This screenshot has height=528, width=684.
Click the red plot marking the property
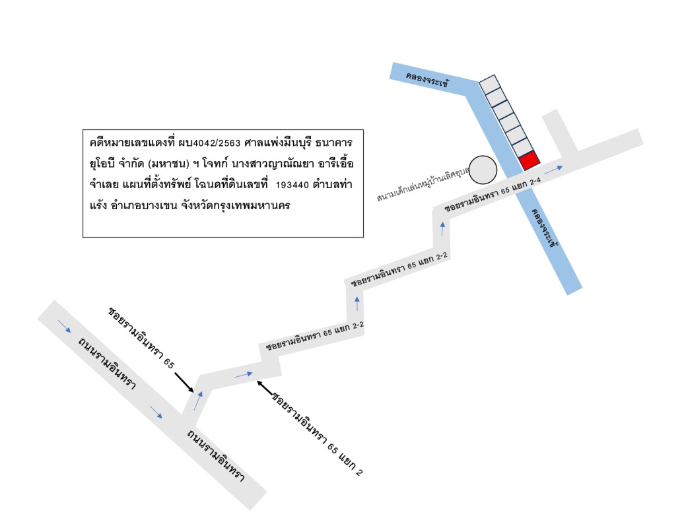(530, 160)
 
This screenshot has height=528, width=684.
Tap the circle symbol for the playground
(483, 170)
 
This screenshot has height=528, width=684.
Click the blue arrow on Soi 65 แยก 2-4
(553, 170)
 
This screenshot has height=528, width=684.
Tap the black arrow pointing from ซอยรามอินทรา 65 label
(184, 382)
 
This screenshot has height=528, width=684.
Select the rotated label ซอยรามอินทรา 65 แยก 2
(317, 434)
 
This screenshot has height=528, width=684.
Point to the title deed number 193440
(292, 185)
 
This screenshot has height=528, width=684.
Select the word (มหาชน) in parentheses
(168, 164)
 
